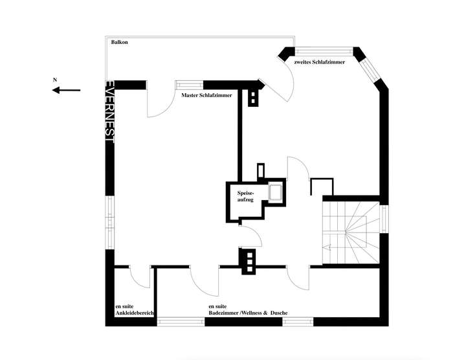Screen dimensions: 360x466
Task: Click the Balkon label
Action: (x=119, y=42)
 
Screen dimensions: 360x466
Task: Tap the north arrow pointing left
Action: (x=66, y=91)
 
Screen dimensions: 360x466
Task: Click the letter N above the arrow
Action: (x=55, y=80)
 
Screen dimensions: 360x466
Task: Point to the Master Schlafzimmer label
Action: (x=206, y=95)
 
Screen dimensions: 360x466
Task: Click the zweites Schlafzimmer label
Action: (x=320, y=62)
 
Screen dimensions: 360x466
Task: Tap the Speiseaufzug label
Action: (x=246, y=197)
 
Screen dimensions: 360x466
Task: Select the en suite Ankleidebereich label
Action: (x=134, y=309)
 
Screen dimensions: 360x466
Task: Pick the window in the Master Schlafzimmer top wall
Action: (x=188, y=84)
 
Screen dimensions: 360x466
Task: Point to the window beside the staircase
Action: (x=384, y=219)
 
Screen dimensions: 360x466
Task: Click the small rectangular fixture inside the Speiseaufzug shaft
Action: (x=275, y=192)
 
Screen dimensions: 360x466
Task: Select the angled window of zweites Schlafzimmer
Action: (x=372, y=67)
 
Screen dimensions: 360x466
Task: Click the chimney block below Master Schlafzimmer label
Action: (x=252, y=97)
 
